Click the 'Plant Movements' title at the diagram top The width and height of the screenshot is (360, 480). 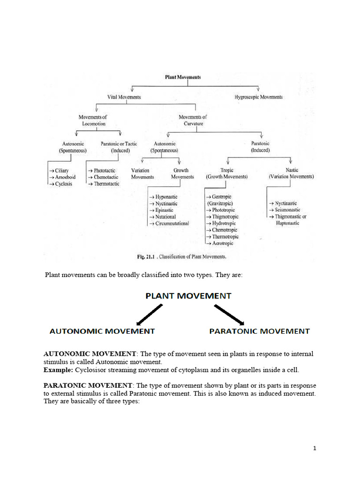coord(183,77)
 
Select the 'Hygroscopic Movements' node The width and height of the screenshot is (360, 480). coord(258,97)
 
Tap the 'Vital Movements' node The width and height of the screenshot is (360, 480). coord(124,97)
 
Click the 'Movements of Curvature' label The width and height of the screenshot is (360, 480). coord(193,120)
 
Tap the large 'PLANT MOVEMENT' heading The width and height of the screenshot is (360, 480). coord(188,296)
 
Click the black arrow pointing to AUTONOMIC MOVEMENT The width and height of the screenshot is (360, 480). coord(149,314)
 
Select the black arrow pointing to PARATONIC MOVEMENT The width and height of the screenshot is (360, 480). coord(229,314)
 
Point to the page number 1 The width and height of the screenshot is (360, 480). coord(315,449)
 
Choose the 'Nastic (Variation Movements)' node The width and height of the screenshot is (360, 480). coord(291,173)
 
